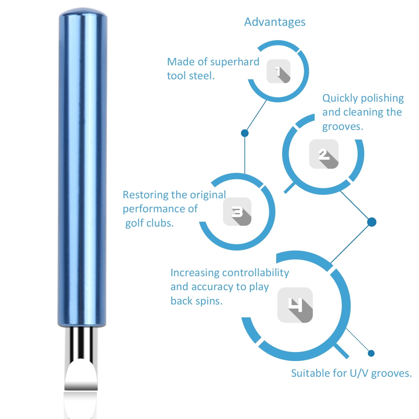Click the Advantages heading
click(275, 22)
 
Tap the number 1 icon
click(278, 71)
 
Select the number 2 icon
click(324, 154)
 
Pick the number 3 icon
click(237, 211)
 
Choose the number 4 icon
click(295, 305)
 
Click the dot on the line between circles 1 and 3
click(245, 133)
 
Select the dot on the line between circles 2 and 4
click(372, 222)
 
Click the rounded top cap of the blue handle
click(83, 13)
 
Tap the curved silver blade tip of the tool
click(81, 374)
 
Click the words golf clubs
click(149, 223)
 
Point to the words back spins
click(197, 301)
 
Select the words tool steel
click(191, 76)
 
